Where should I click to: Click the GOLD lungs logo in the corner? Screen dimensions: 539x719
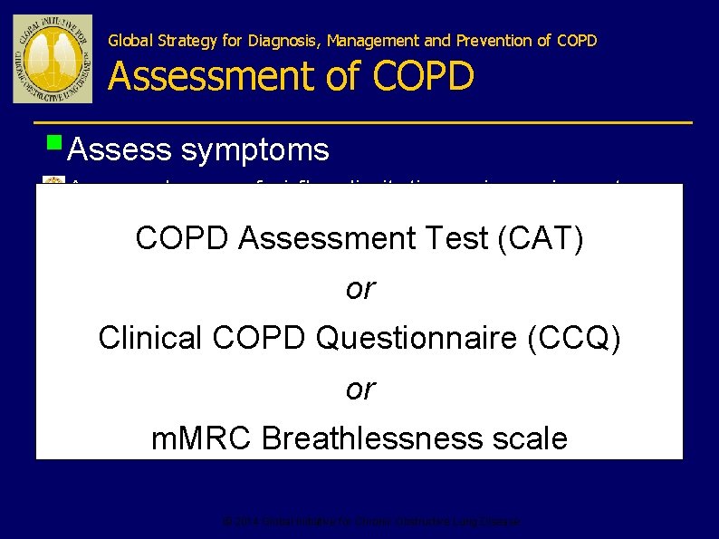(x=52, y=58)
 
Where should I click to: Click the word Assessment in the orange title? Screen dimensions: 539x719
(x=214, y=76)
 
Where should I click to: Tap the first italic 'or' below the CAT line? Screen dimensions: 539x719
(x=359, y=289)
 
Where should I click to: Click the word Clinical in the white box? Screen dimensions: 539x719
(x=150, y=338)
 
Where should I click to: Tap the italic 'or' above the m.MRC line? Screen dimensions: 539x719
(x=359, y=389)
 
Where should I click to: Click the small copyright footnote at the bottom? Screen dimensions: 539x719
(x=371, y=522)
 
